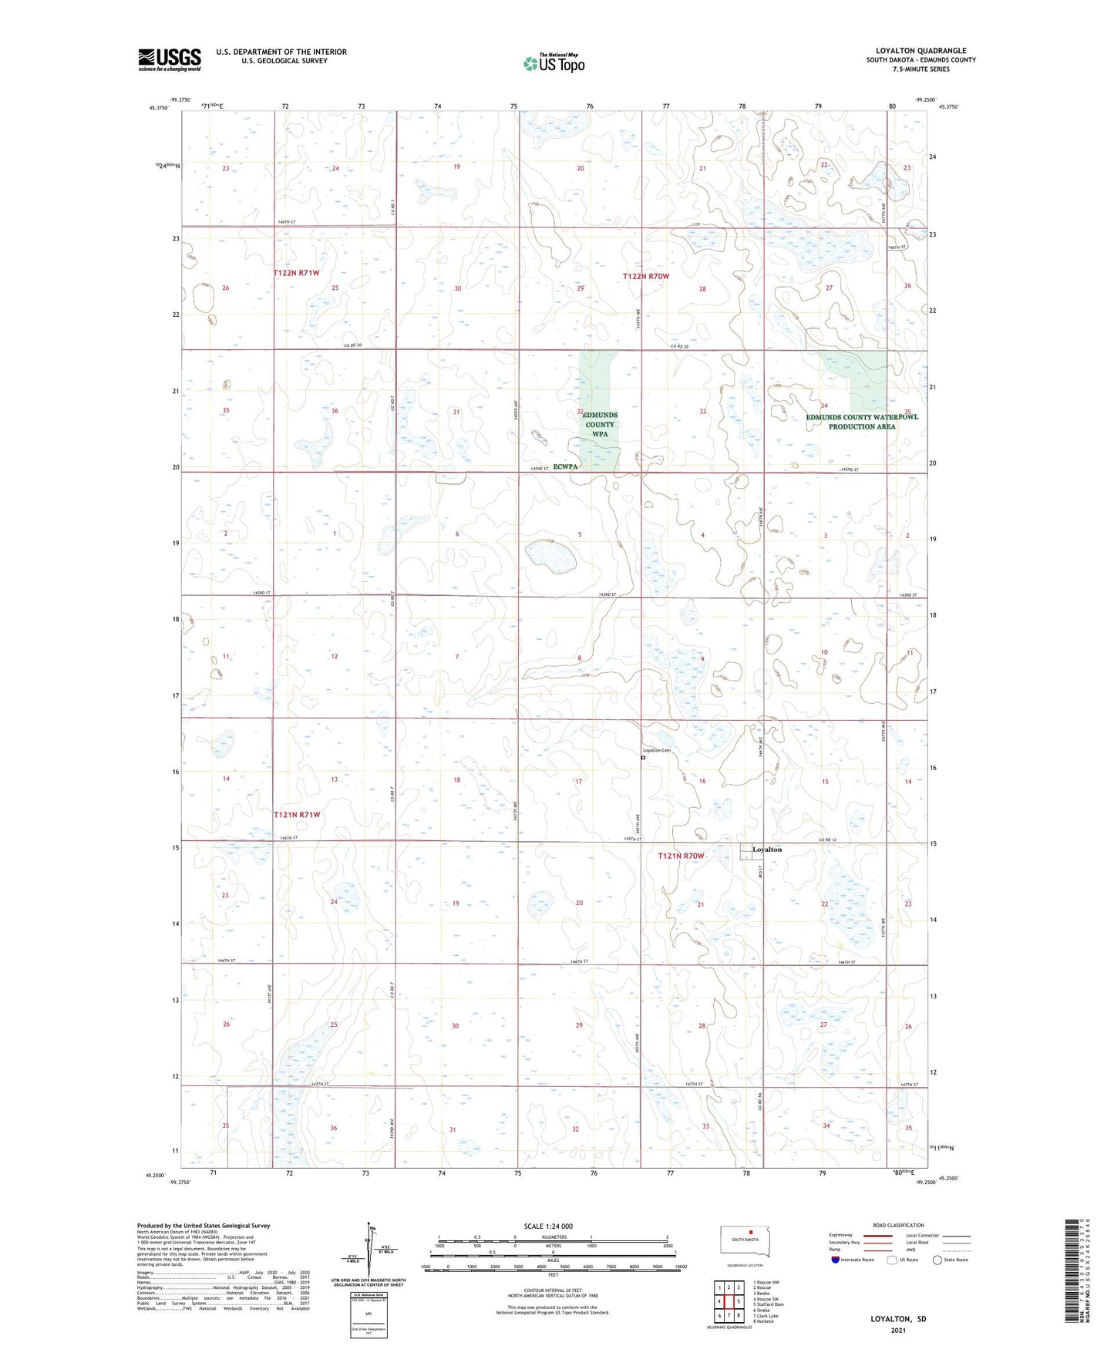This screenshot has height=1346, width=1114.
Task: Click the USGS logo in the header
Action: (x=169, y=59)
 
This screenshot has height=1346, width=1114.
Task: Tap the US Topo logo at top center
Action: (x=553, y=63)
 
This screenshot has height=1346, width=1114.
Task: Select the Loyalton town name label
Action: (x=767, y=850)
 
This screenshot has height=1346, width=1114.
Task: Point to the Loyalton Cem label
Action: (x=656, y=751)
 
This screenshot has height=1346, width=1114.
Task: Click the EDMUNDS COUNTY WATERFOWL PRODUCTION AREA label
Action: (x=862, y=422)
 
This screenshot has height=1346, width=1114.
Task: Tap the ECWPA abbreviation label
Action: (x=565, y=467)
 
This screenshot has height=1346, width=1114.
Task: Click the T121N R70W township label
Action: (x=681, y=856)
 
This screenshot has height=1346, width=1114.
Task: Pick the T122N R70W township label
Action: (x=646, y=276)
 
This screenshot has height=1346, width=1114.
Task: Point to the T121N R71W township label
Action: (x=296, y=814)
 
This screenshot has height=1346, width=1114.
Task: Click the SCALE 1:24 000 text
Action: (x=547, y=1226)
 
